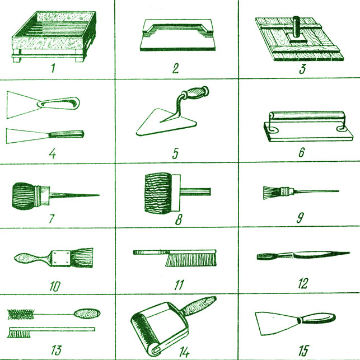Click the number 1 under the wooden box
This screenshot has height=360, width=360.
click(53, 68)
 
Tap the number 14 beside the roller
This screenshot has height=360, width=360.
click(185, 352)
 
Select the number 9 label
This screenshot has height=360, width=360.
click(300, 218)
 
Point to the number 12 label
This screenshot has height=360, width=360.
click(303, 283)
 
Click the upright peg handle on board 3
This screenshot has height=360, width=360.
click(296, 27)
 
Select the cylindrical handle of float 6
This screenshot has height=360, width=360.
click(306, 115)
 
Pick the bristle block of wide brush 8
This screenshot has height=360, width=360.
click(158, 193)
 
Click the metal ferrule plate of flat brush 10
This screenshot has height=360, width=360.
click(61, 258)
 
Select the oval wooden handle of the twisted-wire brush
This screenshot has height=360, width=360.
click(87, 313)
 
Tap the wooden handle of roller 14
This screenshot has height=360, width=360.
click(199, 305)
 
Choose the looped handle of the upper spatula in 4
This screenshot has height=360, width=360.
click(59, 103)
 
